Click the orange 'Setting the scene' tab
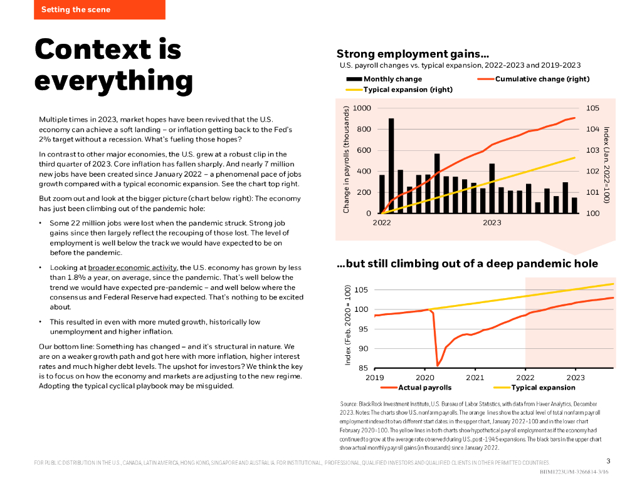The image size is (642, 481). coord(76,9)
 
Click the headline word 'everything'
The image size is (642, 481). coord(113,81)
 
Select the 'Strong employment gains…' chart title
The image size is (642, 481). coord(413,54)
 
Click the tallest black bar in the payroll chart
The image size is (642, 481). coord(391,165)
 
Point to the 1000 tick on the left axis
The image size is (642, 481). coord(362,108)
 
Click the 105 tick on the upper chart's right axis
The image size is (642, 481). coord(592,108)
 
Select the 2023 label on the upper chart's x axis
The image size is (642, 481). coord(492,222)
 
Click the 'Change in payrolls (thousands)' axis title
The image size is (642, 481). coord(346,159)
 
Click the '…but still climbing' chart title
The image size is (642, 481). coord(467,264)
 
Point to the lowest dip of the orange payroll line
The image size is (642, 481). coord(438,365)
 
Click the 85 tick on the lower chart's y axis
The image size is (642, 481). coord(364,368)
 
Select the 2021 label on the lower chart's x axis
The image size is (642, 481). coord(475,378)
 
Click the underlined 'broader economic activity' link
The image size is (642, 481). coord(132,267)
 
